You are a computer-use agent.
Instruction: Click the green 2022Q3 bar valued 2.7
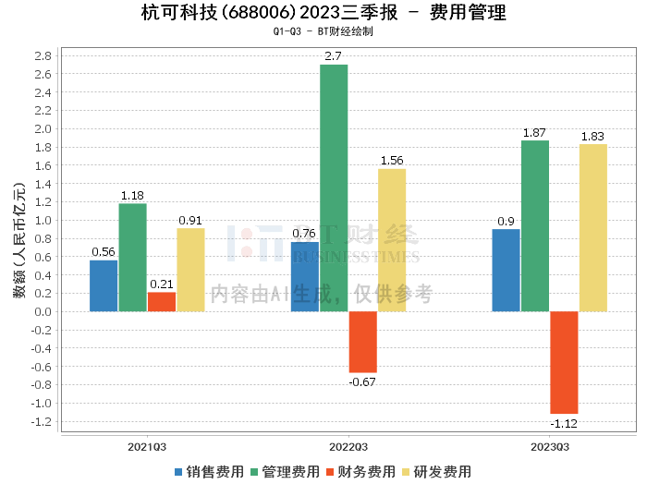[x=334, y=188]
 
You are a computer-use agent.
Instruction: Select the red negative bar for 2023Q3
[x=564, y=362]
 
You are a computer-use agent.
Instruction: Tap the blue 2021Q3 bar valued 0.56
[x=104, y=285]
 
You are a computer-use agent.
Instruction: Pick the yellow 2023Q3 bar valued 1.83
[x=593, y=227]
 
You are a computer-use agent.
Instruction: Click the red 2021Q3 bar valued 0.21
[x=161, y=301]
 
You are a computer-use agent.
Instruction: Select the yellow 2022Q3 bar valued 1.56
[x=392, y=239]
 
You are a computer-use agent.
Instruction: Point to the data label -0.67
[x=362, y=381]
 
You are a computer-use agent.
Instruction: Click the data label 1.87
[x=535, y=133]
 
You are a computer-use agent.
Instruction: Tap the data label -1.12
[x=564, y=422]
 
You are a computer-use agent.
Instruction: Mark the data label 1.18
[x=132, y=196]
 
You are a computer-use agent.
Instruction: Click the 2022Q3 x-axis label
[x=348, y=447]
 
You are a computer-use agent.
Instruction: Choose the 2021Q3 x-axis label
[x=147, y=447]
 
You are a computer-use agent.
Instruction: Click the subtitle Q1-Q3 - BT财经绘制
[x=323, y=31]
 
